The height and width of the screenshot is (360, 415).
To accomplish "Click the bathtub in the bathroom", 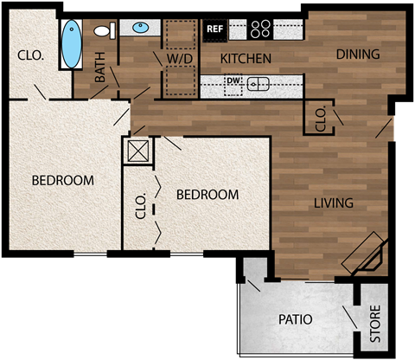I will (x=73, y=42).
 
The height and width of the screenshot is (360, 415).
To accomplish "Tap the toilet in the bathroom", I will (x=104, y=32).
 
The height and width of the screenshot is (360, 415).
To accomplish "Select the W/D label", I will (x=180, y=59).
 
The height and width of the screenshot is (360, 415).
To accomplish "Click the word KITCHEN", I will (x=246, y=59).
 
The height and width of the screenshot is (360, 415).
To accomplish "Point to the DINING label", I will (x=358, y=55).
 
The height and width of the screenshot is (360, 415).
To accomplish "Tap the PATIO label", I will (x=295, y=319).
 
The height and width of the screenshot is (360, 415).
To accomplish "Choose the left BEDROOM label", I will (x=62, y=180).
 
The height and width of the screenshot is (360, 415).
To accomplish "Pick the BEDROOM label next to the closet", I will (x=207, y=195).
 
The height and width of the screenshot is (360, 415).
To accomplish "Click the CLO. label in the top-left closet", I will (x=30, y=55).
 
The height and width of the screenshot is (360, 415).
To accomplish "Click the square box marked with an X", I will (x=138, y=152).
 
